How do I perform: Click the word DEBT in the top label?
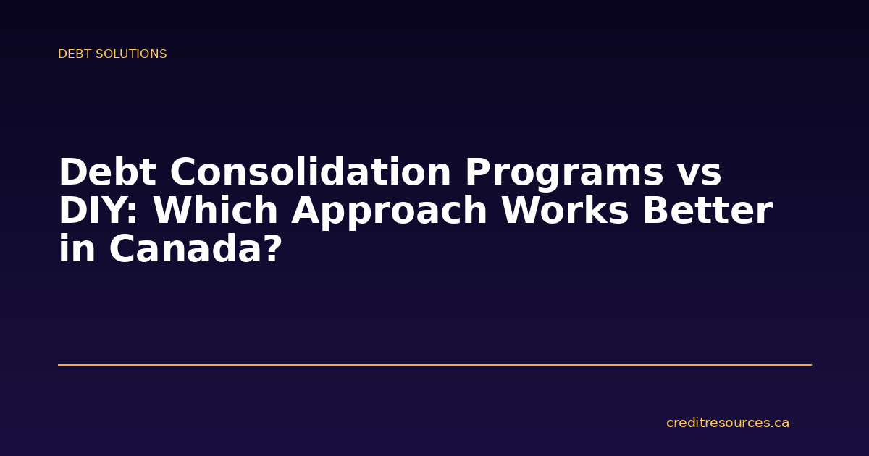coord(72,54)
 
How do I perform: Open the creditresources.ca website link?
coord(727,423)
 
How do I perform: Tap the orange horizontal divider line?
coord(434,365)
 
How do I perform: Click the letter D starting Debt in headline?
coord(72,173)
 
